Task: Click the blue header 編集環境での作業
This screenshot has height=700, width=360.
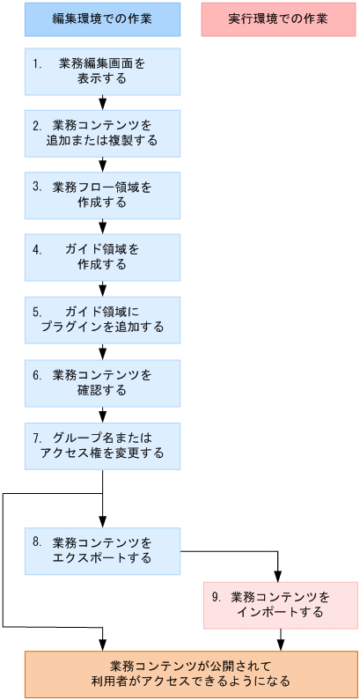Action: click(x=102, y=19)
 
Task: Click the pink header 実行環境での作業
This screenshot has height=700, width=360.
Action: click(x=279, y=19)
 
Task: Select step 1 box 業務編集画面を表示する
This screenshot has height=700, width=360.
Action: click(x=102, y=71)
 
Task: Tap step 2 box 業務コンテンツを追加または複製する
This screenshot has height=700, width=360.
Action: click(x=102, y=133)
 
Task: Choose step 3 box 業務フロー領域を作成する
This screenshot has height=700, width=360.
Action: click(x=102, y=195)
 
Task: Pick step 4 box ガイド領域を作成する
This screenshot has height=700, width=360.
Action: click(x=102, y=256)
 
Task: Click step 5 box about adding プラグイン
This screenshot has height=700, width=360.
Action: click(x=102, y=320)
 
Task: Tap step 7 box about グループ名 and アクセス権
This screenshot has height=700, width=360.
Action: click(x=102, y=446)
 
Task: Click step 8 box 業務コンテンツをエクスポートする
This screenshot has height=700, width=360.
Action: click(x=102, y=551)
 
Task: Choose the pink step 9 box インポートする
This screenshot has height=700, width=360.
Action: click(x=280, y=605)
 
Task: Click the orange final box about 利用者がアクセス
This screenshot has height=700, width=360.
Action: click(x=191, y=674)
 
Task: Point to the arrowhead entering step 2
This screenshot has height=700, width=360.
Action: click(x=103, y=105)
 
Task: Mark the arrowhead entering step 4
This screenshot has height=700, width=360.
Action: click(x=103, y=228)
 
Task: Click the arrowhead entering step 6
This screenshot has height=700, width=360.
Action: click(x=103, y=354)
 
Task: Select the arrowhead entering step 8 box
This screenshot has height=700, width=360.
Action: click(x=103, y=523)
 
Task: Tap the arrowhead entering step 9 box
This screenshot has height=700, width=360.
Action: click(x=279, y=577)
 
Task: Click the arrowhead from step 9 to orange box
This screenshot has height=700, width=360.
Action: click(x=279, y=645)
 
